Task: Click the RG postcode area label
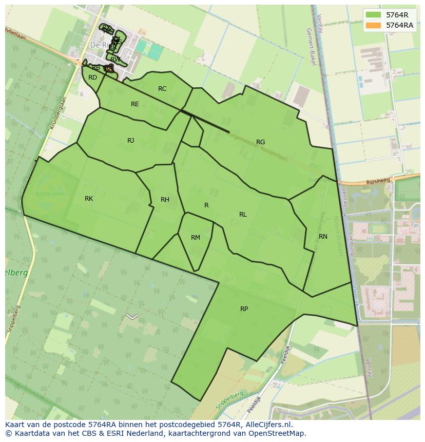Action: (260, 142)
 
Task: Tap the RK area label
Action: (89, 199)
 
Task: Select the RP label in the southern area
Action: (244, 309)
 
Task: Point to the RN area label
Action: (323, 237)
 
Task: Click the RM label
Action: (195, 238)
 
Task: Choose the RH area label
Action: (165, 200)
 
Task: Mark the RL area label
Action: (243, 215)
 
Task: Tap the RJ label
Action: (131, 141)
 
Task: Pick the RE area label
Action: (134, 104)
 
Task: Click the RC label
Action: (162, 89)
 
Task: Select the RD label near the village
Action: (92, 78)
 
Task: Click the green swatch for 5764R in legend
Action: (374, 15)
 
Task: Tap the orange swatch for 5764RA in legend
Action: (374, 25)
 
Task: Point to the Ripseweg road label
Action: (379, 181)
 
